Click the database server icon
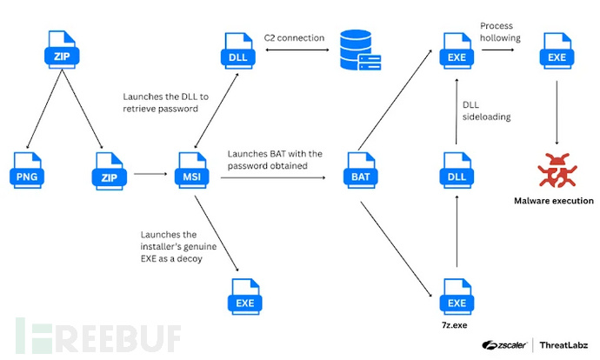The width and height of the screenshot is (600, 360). pos(358,53)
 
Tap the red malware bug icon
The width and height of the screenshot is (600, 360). pos(557,170)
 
